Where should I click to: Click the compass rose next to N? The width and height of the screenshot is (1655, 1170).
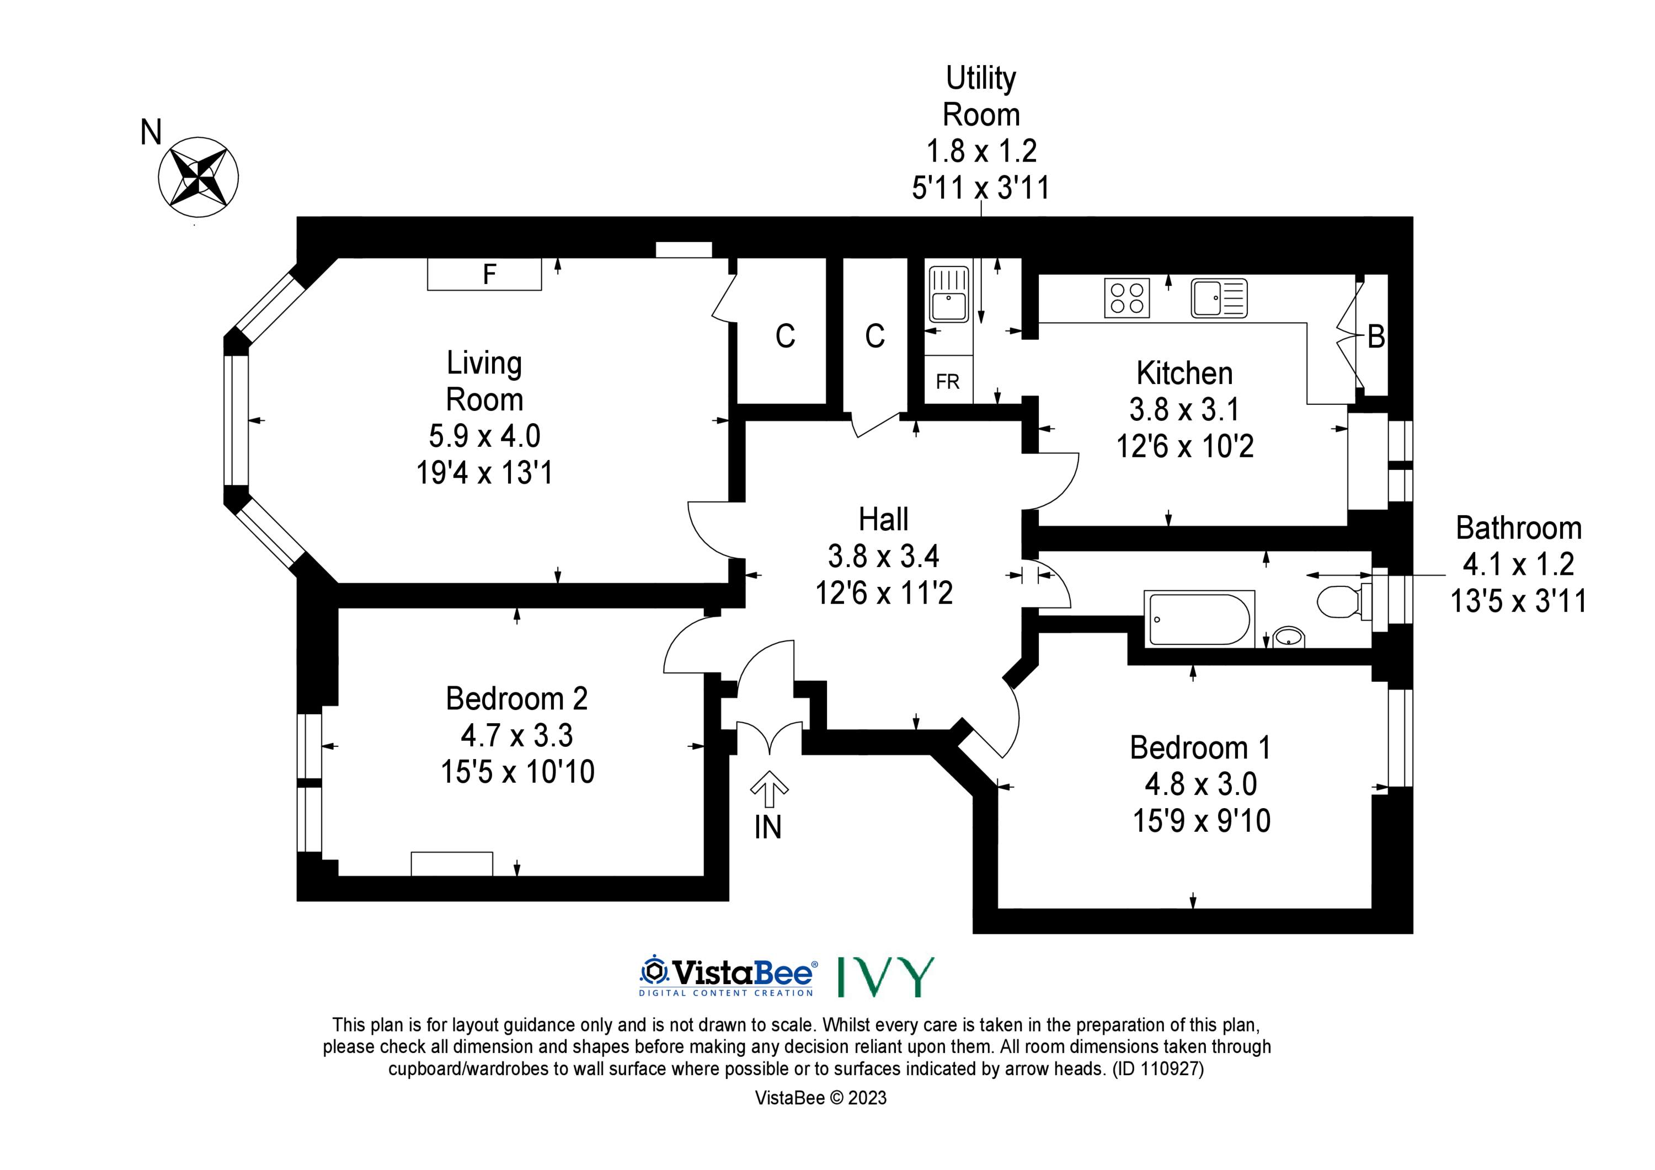click(x=198, y=177)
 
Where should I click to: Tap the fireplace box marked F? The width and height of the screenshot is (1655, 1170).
click(x=484, y=274)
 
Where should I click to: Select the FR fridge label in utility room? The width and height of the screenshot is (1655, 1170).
click(x=948, y=381)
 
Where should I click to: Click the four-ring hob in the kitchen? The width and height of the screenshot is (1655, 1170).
click(x=1128, y=298)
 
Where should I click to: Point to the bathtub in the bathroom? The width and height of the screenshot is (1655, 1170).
click(x=1199, y=618)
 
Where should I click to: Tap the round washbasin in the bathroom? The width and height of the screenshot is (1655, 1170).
click(x=1289, y=637)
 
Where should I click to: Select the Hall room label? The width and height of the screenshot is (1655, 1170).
click(x=883, y=519)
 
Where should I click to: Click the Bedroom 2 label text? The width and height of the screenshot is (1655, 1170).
click(x=517, y=698)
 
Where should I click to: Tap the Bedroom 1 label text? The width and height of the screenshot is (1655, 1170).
click(x=1200, y=747)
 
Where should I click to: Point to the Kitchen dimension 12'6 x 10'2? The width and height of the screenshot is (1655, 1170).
click(x=1184, y=446)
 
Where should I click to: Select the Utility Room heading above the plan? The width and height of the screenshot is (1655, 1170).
click(x=981, y=97)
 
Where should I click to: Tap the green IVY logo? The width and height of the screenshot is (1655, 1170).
click(x=886, y=977)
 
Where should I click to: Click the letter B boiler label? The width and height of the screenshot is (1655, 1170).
click(x=1376, y=336)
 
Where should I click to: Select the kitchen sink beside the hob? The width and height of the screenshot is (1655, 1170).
click(x=1219, y=298)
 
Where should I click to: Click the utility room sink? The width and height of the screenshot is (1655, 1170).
click(x=949, y=294)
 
